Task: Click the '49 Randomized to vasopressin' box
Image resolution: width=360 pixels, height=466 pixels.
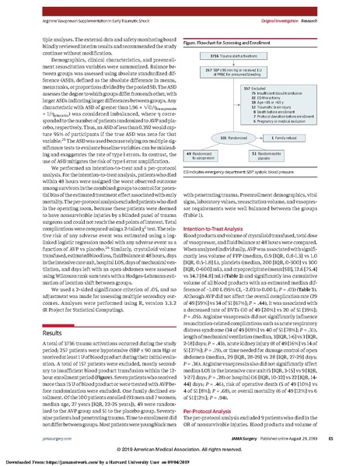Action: [208, 156]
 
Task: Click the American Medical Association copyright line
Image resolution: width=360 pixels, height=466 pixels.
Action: [180, 450]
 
